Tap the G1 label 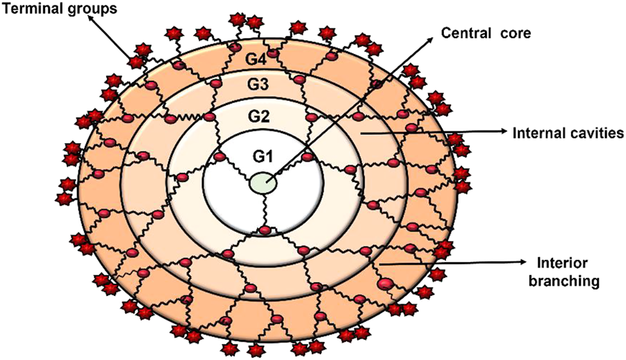point(262,156)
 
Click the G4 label point(256,58)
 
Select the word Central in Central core point(464,32)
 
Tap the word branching point(564,282)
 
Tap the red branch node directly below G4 point(273,54)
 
